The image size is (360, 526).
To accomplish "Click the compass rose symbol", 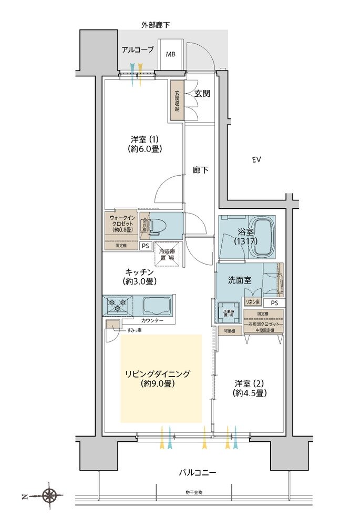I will click(x=49, y=495).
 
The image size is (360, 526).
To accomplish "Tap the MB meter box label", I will click(x=171, y=54).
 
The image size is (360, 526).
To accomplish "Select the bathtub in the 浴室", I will click(x=262, y=239).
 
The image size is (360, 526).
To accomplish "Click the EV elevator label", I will click(x=256, y=159).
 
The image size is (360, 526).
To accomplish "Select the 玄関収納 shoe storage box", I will click(x=177, y=101).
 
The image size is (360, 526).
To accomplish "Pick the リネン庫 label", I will click(x=252, y=302).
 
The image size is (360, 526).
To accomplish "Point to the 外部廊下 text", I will click(x=155, y=25).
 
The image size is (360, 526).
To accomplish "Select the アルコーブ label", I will click(x=137, y=50).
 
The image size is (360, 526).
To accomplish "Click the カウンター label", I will click(x=152, y=320).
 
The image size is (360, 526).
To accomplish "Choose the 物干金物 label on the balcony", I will click(x=193, y=492).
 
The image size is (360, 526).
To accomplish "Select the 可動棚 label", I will click(x=231, y=331).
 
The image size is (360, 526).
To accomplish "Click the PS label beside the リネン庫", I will click(x=274, y=303).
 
